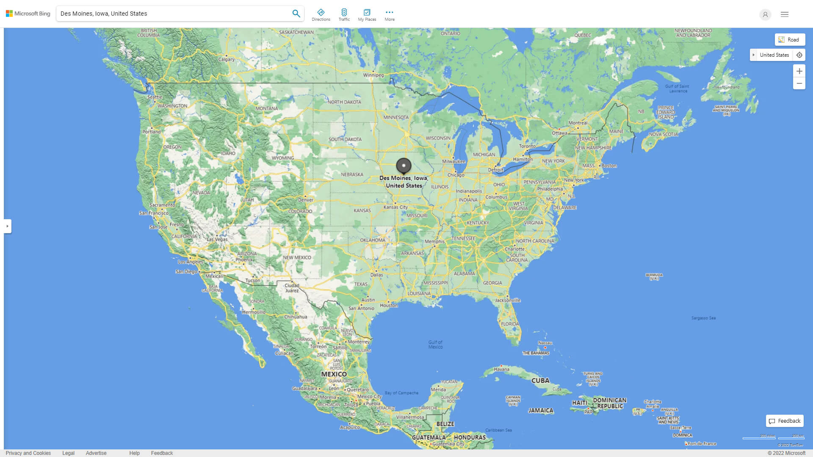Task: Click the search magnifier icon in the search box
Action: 296,14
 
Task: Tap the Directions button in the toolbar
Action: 321,15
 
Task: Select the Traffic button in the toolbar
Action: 344,15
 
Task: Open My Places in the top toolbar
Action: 367,15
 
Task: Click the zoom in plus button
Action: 799,71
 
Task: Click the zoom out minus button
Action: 799,83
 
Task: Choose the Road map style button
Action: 790,40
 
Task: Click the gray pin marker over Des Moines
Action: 404,165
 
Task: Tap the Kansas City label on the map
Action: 395,207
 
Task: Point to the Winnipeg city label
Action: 373,75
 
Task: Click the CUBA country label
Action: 540,381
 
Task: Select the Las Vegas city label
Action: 217,239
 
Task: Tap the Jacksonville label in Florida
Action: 508,300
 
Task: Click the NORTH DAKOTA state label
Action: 344,102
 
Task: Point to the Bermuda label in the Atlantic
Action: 654,277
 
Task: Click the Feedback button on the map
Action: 785,421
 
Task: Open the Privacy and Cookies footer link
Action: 28,453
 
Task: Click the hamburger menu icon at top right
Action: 785,14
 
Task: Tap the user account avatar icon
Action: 765,14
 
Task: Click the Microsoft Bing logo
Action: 28,14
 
